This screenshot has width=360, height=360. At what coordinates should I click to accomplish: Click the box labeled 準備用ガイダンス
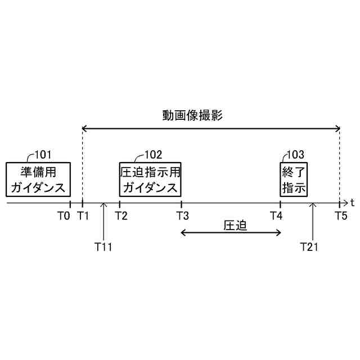[x=38, y=179]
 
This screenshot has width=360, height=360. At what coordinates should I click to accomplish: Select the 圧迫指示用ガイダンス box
[x=150, y=179]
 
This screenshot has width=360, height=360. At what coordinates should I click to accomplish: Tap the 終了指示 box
[x=294, y=179]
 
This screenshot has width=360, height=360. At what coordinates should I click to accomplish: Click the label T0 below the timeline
[x=64, y=215]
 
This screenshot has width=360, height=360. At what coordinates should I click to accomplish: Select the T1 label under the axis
[x=83, y=215]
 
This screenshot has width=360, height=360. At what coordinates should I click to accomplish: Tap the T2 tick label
[x=121, y=215]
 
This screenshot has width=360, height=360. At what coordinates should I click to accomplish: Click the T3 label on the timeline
[x=182, y=215]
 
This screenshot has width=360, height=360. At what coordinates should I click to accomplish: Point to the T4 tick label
[x=276, y=215]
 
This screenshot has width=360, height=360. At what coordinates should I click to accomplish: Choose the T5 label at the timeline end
[x=341, y=215]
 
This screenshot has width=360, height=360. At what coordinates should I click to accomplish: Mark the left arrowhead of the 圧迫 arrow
[x=183, y=233]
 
